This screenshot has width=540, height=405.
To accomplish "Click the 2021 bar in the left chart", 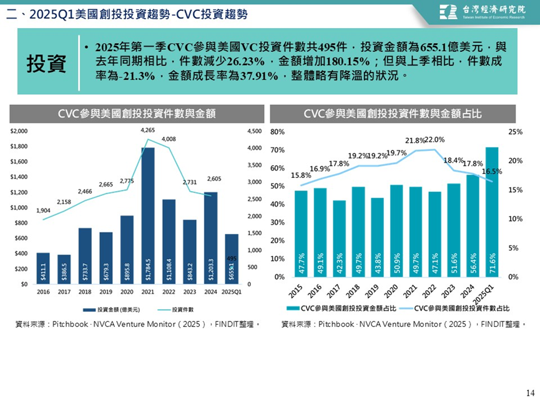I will point(148,215).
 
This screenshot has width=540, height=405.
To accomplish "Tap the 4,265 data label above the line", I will point(148,130).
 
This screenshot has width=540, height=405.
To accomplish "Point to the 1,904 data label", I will point(43,211).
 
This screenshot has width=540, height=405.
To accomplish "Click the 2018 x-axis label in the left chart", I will point(85,291).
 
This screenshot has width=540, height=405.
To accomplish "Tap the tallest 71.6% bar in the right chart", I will point(492,212).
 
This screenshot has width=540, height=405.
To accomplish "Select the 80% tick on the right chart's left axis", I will point(278,132).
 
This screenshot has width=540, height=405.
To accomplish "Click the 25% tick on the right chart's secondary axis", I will point(516,132).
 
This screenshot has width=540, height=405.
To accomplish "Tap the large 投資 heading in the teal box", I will point(47,64).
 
